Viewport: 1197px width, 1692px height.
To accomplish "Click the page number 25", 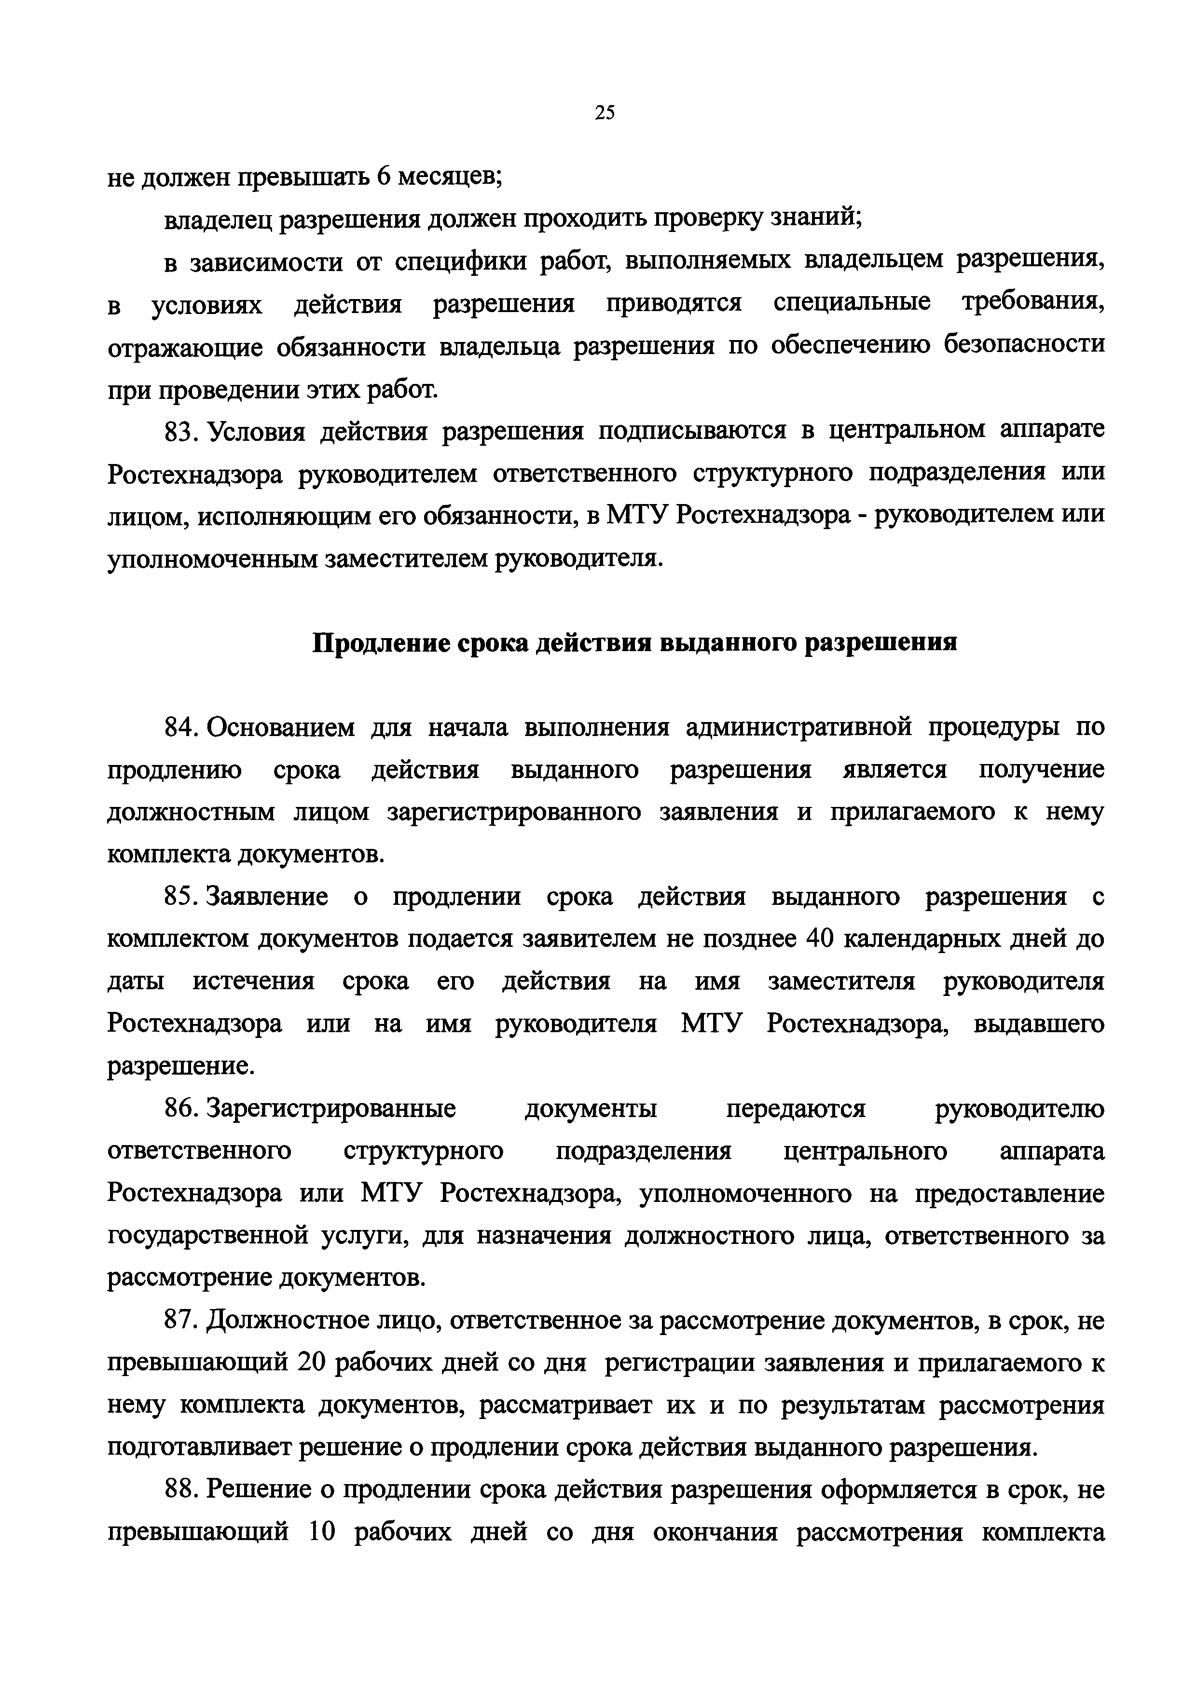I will tap(604, 113).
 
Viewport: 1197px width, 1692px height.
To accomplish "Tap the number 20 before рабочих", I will tap(316, 1364).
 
